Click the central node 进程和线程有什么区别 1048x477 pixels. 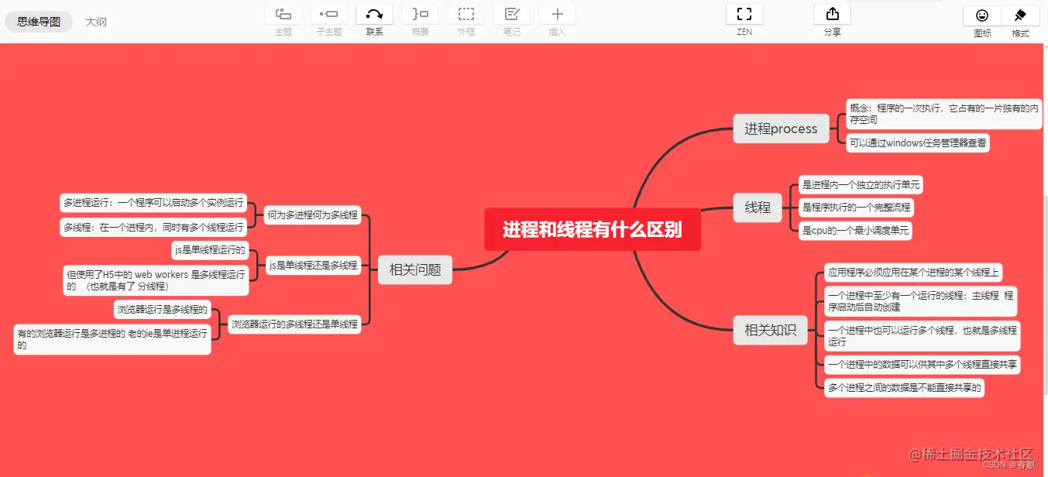(x=593, y=229)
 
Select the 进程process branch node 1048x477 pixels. (x=781, y=129)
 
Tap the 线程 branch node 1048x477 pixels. (x=758, y=208)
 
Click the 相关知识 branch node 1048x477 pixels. (x=770, y=330)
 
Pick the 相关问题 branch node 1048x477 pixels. (x=415, y=269)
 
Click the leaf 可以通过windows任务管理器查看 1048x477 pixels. (x=917, y=143)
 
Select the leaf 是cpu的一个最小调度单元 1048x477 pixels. (x=855, y=230)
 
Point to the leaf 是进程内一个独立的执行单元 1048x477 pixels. (x=861, y=185)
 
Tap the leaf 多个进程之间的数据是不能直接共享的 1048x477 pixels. (x=904, y=388)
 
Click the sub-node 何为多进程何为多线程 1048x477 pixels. (x=312, y=215)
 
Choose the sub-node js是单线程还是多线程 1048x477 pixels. (x=313, y=266)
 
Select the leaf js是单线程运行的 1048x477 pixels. (x=210, y=250)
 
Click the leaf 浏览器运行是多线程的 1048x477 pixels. (x=163, y=310)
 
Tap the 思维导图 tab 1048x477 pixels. (x=39, y=22)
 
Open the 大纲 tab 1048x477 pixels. (x=96, y=22)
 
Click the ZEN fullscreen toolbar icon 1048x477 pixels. (x=744, y=14)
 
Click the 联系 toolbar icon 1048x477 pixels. (x=374, y=14)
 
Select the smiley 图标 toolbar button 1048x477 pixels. (x=982, y=15)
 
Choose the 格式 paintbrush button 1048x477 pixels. (x=1020, y=15)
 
